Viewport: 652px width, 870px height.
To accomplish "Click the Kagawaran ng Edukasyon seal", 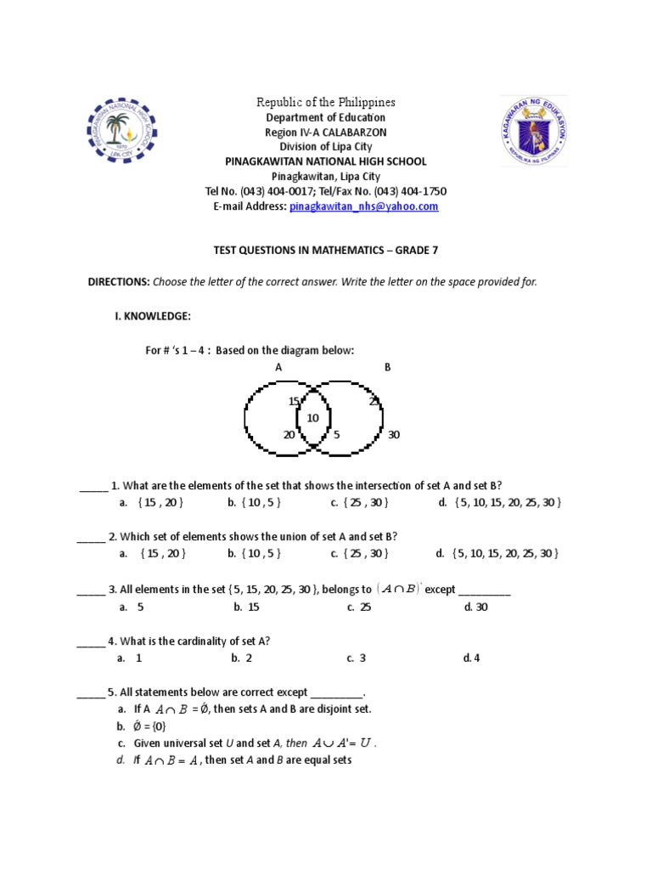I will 532,132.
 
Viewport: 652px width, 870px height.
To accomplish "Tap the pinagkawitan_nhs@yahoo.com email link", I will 363,206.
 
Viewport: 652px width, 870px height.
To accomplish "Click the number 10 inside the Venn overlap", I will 313,418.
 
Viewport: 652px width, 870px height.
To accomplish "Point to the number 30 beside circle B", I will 393,435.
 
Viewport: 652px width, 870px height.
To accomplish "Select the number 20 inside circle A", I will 289,435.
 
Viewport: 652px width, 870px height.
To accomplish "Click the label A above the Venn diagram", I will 278,367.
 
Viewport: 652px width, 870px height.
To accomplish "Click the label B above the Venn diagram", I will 387,367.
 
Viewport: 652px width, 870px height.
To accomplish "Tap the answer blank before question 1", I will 93,487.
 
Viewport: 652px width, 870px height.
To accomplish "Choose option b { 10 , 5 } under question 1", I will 254,503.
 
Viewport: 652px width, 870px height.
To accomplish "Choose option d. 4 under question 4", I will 471,658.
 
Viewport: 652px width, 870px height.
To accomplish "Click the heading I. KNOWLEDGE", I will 153,316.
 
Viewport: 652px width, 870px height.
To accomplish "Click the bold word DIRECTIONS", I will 119,282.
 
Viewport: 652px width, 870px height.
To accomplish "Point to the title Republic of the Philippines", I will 326,102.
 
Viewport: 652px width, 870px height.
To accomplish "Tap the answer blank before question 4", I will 91,641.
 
